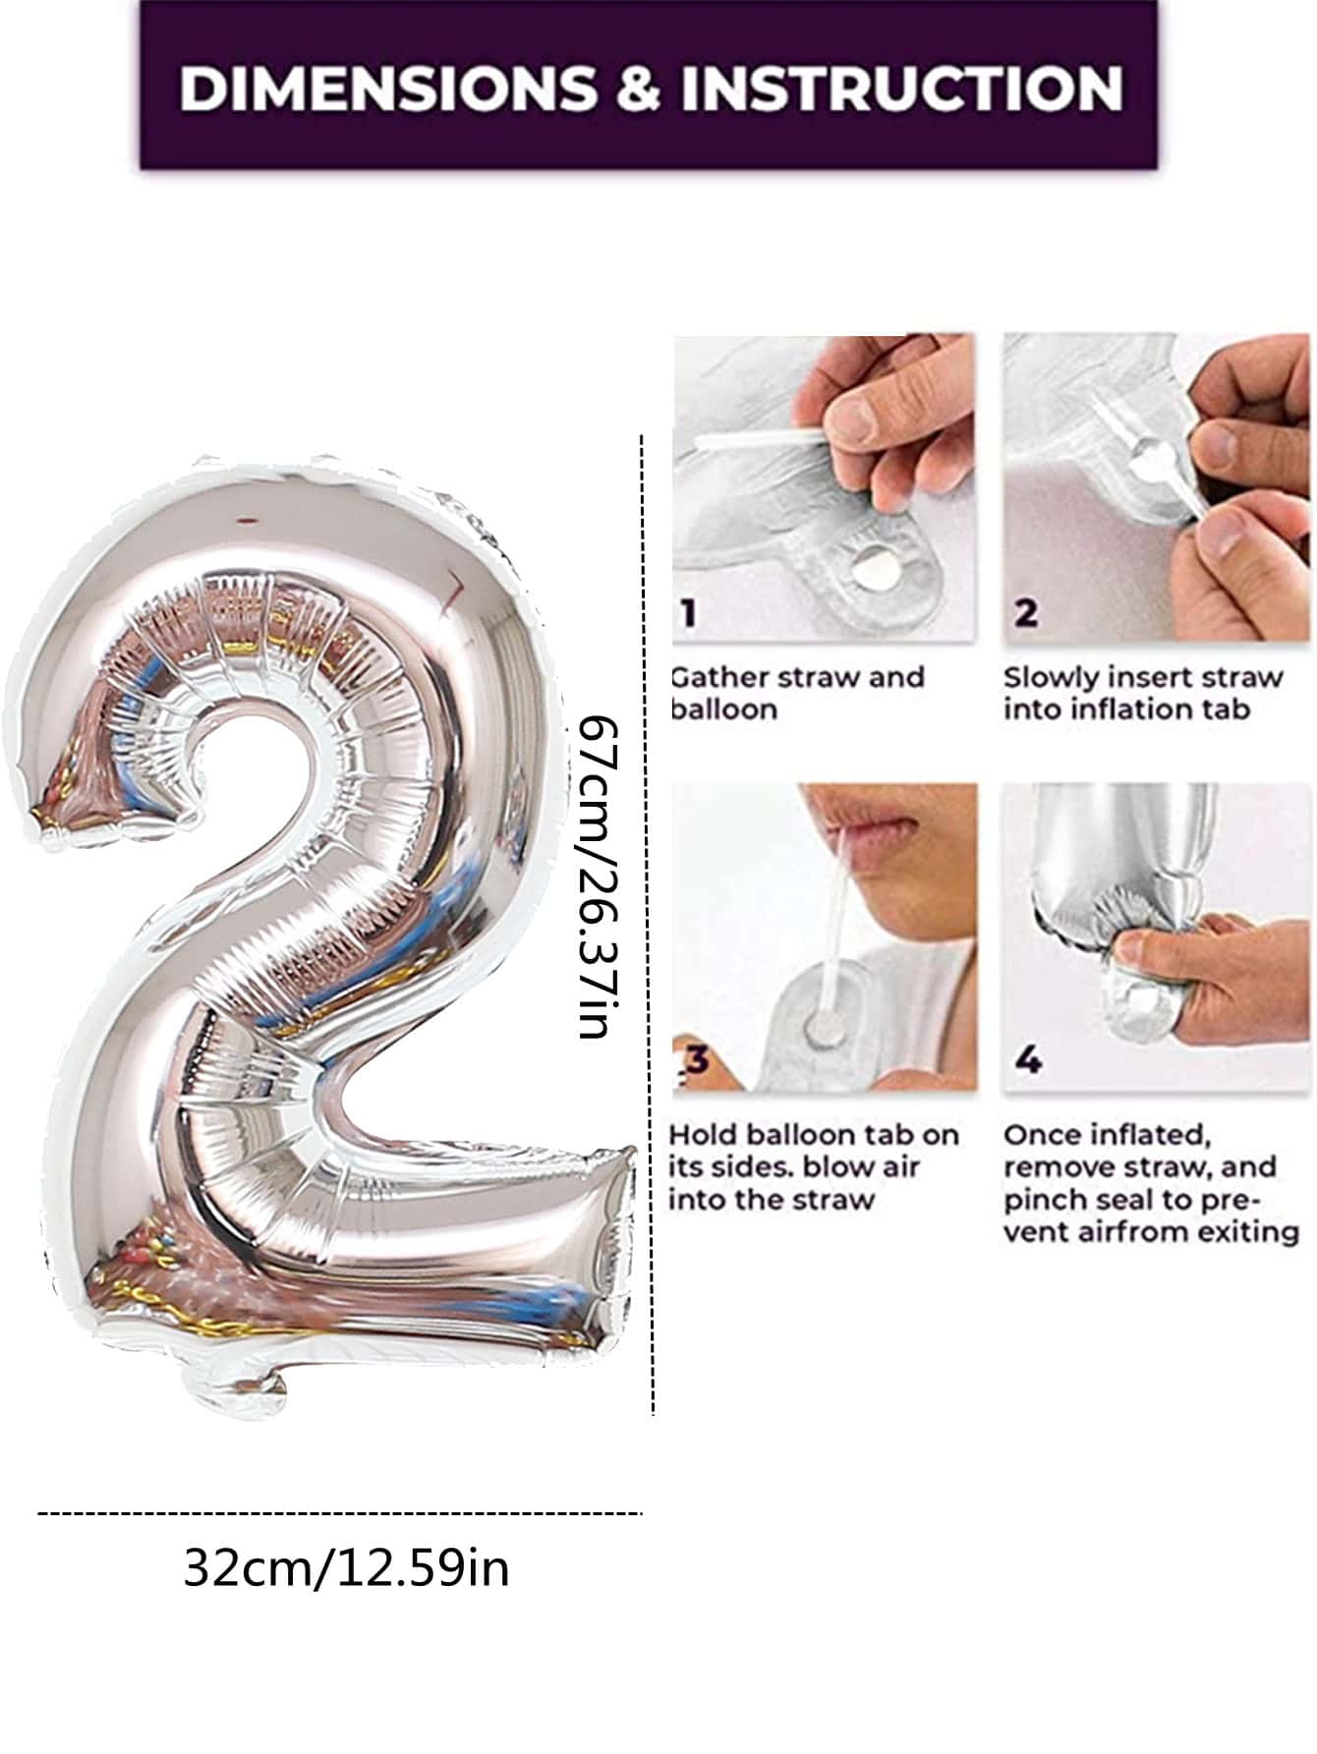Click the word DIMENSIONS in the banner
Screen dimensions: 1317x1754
click(x=388, y=86)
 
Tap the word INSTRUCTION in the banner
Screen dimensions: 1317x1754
click(x=901, y=86)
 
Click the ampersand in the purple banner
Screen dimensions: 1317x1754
click(x=639, y=86)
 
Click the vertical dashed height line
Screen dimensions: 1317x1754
click(x=647, y=924)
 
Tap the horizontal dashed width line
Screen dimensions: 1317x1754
click(x=339, y=1514)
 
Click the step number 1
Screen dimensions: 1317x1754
click(x=690, y=612)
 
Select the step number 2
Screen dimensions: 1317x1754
click(x=1025, y=612)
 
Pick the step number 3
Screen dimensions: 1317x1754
click(x=697, y=1059)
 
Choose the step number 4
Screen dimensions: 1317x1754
click(x=1027, y=1059)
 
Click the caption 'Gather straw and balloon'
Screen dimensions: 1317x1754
click(x=797, y=693)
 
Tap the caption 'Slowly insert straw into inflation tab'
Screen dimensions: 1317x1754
click(x=1143, y=693)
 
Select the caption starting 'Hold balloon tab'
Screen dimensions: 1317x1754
click(x=814, y=1166)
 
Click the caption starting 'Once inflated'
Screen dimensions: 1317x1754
click(x=1151, y=1183)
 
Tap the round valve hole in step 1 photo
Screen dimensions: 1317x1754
click(x=874, y=568)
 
